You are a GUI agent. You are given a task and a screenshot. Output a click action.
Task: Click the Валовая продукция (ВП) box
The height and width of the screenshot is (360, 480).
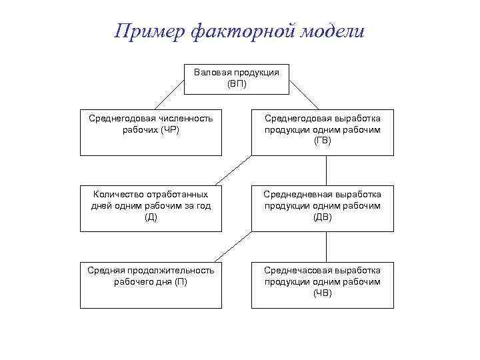(237, 78)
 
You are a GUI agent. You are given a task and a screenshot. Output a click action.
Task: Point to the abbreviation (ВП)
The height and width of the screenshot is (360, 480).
(237, 83)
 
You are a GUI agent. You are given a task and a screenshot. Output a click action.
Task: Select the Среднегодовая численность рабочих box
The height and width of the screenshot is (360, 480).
(151, 132)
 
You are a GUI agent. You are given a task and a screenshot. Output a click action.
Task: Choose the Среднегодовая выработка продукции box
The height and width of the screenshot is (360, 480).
(322, 132)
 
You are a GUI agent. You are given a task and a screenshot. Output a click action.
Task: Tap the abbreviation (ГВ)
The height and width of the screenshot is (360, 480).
(323, 140)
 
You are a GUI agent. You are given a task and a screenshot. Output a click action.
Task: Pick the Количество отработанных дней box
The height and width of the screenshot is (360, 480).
(151, 208)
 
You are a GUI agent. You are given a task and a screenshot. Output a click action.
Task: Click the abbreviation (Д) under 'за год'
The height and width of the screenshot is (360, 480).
(151, 217)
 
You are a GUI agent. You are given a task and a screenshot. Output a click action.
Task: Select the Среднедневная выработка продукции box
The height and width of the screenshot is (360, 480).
(322, 208)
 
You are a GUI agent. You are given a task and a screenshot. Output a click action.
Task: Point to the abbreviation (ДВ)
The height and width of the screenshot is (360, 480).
(323, 217)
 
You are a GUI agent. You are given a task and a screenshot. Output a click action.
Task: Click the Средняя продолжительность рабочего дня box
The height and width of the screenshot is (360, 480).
(151, 285)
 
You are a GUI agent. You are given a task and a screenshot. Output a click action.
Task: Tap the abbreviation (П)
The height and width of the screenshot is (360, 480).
(181, 281)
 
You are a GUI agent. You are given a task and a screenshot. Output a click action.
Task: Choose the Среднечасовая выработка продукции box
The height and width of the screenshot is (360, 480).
(322, 285)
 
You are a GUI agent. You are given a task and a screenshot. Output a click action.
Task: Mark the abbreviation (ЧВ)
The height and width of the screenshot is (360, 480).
(323, 293)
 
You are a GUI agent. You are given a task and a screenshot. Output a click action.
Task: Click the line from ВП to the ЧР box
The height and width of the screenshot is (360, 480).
(170, 94)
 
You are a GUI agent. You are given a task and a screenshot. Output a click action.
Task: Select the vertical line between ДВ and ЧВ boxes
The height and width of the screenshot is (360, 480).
(326, 247)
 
